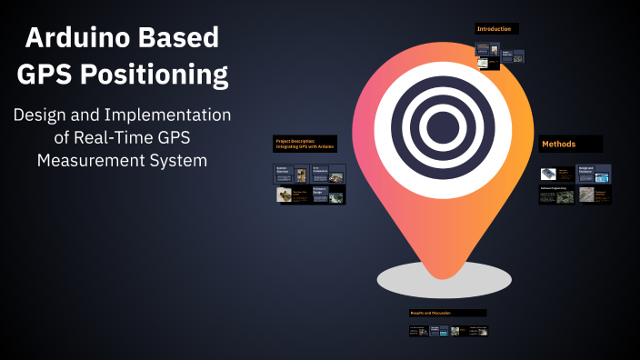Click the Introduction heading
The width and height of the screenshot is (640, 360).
coord(496,29)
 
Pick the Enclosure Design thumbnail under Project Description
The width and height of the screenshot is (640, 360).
coord(328,195)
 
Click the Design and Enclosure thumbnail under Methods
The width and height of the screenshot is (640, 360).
coord(595,173)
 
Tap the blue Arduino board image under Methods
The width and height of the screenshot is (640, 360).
coord(548,174)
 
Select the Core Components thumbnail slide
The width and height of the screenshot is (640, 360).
coord(328,174)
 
